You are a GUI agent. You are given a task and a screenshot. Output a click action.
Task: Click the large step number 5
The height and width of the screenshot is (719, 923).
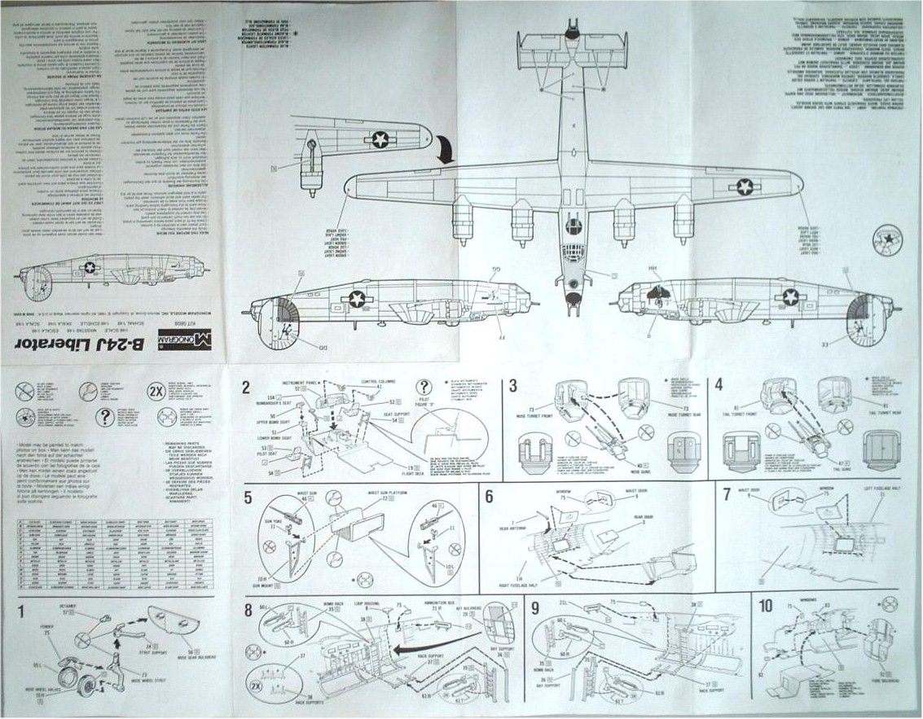248,496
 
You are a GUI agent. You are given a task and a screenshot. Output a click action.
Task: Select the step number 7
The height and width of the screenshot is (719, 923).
726,494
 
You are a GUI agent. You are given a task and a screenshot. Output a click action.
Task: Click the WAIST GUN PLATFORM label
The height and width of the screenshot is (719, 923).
384,492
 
